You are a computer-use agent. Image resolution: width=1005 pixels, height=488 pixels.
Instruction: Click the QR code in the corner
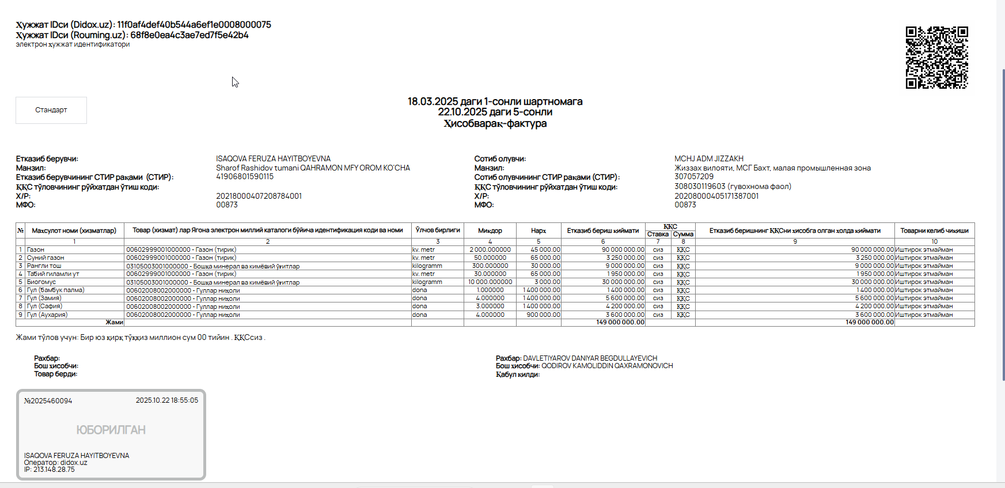[x=936, y=58]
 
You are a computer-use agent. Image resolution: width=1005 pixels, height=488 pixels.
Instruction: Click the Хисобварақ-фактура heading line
[x=495, y=123]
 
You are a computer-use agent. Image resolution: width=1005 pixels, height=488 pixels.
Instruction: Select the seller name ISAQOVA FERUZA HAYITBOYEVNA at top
[x=273, y=158]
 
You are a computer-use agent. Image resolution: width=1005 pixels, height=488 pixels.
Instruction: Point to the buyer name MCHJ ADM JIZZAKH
[x=708, y=158]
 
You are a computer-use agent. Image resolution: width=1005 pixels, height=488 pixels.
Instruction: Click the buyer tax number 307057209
[x=693, y=176]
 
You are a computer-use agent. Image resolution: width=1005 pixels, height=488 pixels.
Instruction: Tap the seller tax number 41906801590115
[x=244, y=176]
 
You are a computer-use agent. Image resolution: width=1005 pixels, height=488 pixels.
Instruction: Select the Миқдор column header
[x=490, y=230]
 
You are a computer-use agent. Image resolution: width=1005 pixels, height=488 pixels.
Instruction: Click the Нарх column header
[x=538, y=230]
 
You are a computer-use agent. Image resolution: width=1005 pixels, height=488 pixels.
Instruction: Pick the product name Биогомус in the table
[x=41, y=282]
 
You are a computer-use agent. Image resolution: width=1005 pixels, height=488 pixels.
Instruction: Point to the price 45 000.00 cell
[x=545, y=249]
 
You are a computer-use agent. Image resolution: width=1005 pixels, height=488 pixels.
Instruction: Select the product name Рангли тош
[x=44, y=266]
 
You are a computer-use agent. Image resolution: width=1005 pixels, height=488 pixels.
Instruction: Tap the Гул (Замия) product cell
[x=44, y=298]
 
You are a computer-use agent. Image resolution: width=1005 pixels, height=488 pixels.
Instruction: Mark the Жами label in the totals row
[x=114, y=322]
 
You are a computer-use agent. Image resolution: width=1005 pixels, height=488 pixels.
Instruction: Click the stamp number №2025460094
[x=48, y=401]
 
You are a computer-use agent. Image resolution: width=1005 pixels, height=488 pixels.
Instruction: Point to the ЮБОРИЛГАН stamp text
[x=111, y=430]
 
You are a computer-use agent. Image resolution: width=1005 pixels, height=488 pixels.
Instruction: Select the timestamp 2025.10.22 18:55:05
[x=166, y=400]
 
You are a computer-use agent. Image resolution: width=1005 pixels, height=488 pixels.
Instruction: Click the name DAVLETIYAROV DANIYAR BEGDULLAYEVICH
[x=590, y=358]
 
